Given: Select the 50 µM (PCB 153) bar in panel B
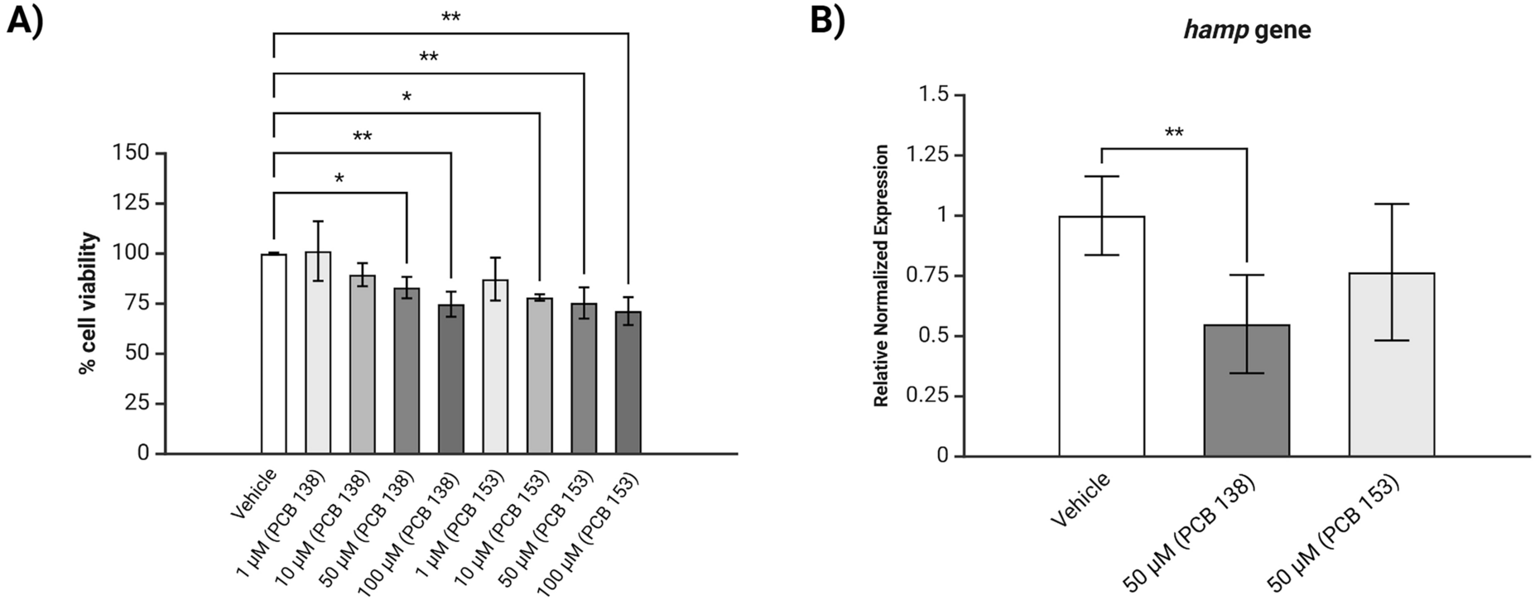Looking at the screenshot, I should pos(1392,365).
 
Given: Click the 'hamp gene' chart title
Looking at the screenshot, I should pos(1247,31).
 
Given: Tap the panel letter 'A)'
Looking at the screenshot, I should pos(25,18).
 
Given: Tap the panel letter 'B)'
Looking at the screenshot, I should pos(826,18).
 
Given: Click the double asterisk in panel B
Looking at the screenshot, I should pos(1173,133).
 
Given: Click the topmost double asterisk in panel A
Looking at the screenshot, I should pos(450,17).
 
